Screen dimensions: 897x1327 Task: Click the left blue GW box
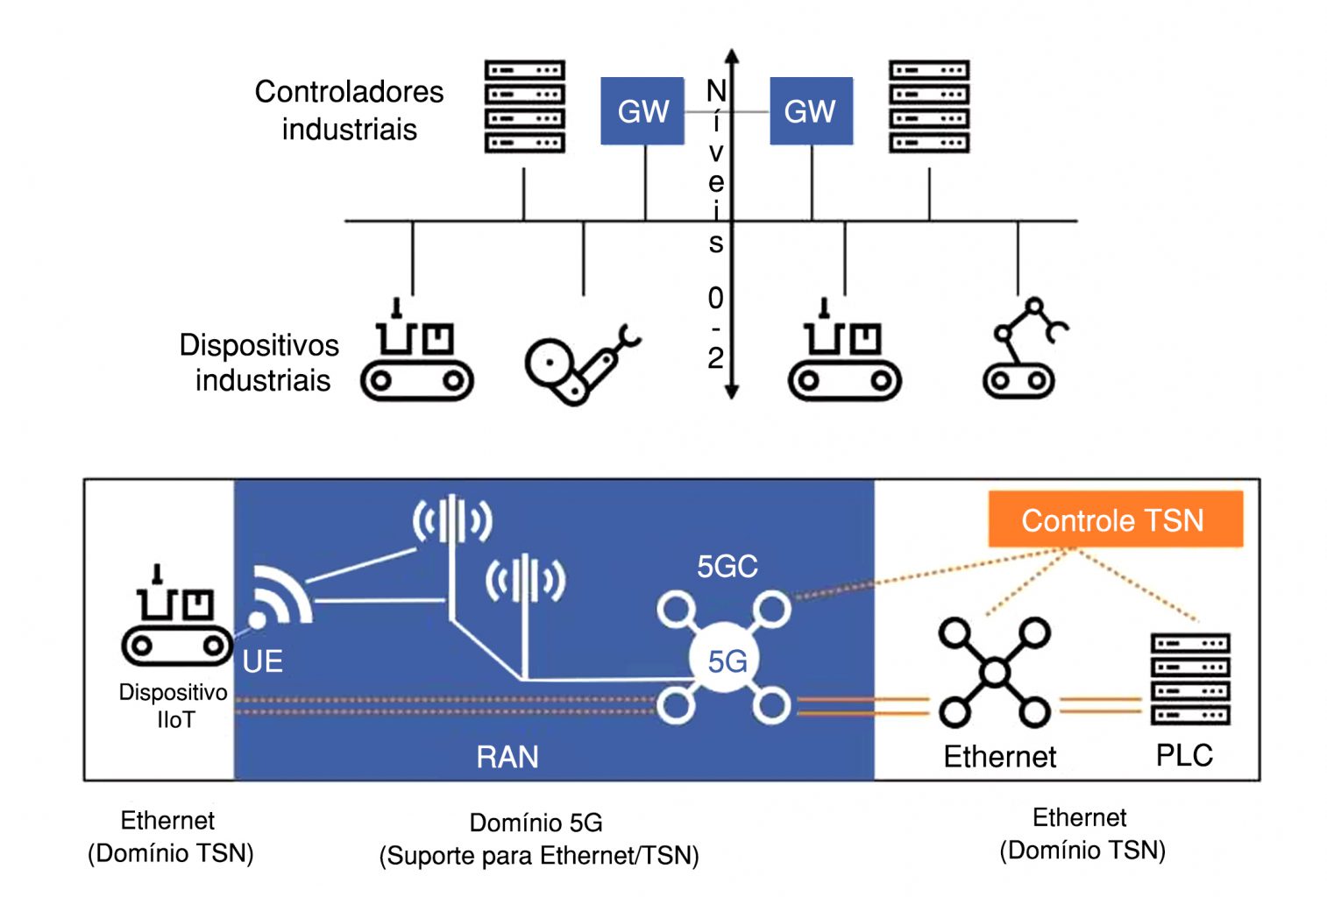pos(642,111)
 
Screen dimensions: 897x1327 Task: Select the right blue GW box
pos(811,111)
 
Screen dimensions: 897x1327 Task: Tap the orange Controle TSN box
pos(1115,519)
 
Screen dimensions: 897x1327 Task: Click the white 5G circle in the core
pos(726,660)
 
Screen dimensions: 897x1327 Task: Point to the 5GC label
pos(727,567)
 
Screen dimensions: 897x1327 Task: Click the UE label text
pos(262,661)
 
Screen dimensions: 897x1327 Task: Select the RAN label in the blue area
pos(507,757)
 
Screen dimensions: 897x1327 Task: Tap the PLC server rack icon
pos(1189,679)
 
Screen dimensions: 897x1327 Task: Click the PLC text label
pos(1184,755)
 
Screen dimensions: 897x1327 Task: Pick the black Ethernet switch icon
pos(995,673)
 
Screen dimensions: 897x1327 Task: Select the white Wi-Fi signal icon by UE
pos(277,597)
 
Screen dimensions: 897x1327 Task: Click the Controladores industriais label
pos(349,110)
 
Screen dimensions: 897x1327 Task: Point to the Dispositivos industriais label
pos(259,363)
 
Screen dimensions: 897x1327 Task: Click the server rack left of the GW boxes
pos(524,107)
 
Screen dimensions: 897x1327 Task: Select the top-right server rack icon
pos(929,107)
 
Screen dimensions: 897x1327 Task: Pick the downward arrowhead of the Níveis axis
pos(732,392)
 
